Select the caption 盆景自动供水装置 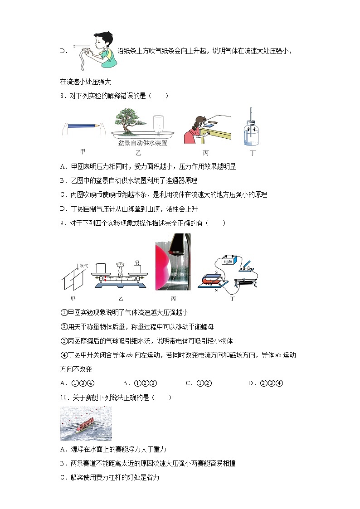[x=143, y=143]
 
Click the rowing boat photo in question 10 [x=86, y=423]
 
